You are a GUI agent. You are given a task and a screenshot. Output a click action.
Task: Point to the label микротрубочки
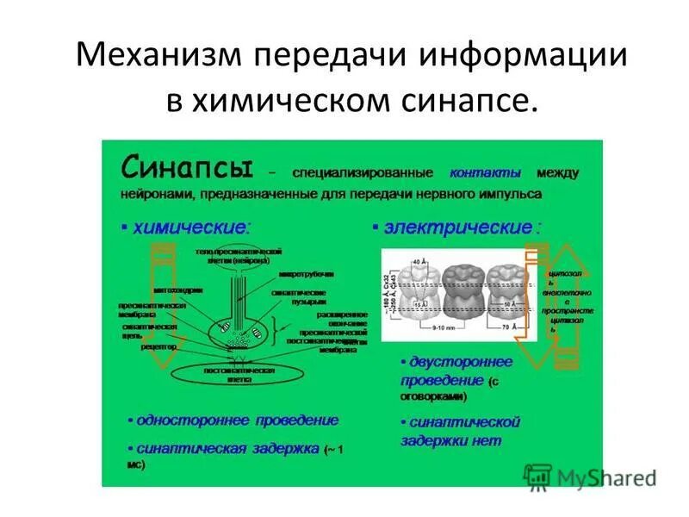(306, 273)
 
